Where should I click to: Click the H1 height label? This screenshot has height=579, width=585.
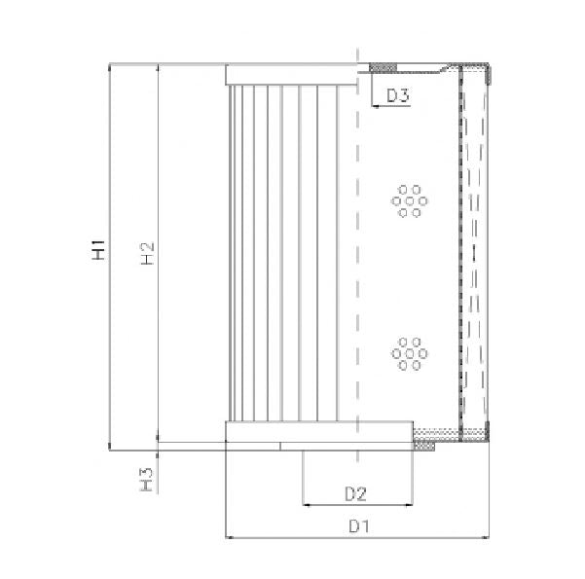click(x=98, y=250)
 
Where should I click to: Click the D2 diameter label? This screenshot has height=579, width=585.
click(x=354, y=494)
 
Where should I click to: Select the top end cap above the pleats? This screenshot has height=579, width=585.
click(x=292, y=74)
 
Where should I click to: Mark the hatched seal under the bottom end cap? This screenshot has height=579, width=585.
click(x=424, y=447)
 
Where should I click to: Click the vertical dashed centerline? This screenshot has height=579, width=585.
click(x=359, y=272)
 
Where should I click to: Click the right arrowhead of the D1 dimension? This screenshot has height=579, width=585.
click(x=486, y=537)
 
